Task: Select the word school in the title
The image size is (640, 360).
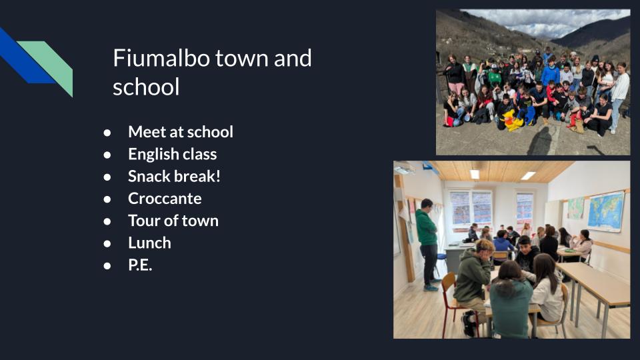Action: pyautogui.click(x=146, y=87)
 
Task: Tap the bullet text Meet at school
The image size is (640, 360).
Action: pyautogui.click(x=181, y=132)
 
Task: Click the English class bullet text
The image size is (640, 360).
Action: pyautogui.click(x=172, y=154)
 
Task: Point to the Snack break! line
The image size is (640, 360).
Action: pyautogui.click(x=174, y=176)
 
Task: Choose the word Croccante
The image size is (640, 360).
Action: pyautogui.click(x=165, y=199)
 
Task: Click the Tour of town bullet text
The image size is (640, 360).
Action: pyautogui.click(x=173, y=221)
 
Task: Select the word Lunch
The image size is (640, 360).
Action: pyautogui.click(x=149, y=243)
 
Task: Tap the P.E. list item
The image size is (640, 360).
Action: pyautogui.click(x=140, y=265)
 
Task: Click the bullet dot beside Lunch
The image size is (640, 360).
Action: pyautogui.click(x=107, y=244)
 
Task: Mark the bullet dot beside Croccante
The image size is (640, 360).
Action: pyautogui.click(x=107, y=199)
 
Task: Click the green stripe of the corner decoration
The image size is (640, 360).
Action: pyautogui.click(x=51, y=64)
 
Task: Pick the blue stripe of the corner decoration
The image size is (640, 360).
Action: pyautogui.click(x=25, y=58)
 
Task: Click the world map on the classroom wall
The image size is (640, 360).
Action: pyautogui.click(x=606, y=212)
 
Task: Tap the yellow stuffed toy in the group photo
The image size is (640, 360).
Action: pyautogui.click(x=511, y=120)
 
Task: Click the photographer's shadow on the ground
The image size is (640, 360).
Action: pyautogui.click(x=541, y=141)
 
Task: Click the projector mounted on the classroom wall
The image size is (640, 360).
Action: pyautogui.click(x=405, y=167)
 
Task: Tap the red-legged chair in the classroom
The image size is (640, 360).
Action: pyautogui.click(x=454, y=303)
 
